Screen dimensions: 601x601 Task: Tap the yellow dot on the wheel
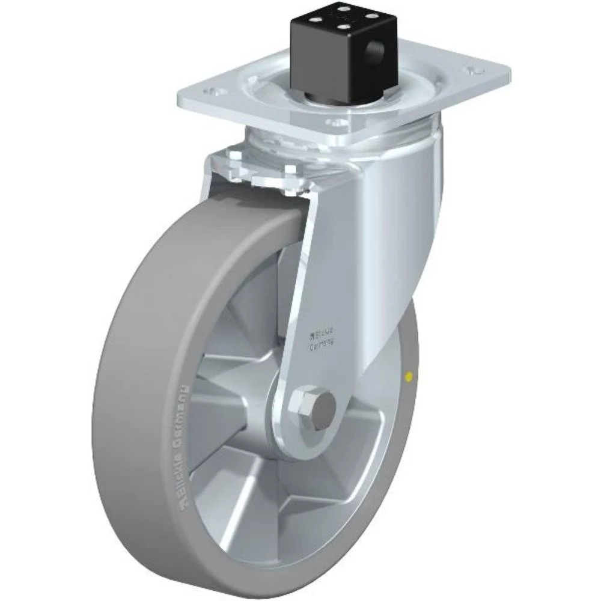click(x=409, y=377)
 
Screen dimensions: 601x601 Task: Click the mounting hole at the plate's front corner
click(x=340, y=123)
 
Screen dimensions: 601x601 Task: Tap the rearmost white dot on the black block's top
click(x=344, y=8)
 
